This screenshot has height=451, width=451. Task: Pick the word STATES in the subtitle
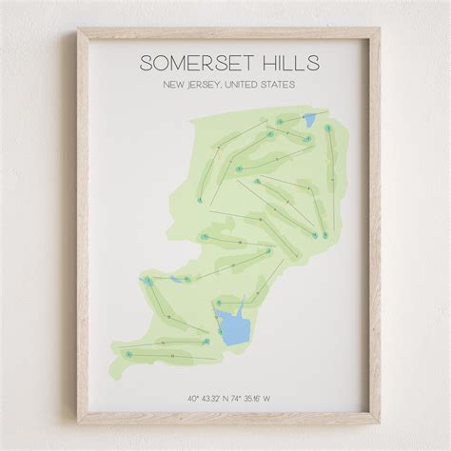tap(279, 86)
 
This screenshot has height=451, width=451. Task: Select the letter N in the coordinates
tap(225, 398)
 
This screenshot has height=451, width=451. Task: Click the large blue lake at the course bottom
tap(230, 324)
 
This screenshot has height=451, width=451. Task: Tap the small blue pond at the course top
tap(309, 120)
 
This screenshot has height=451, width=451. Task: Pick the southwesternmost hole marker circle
tap(126, 350)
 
